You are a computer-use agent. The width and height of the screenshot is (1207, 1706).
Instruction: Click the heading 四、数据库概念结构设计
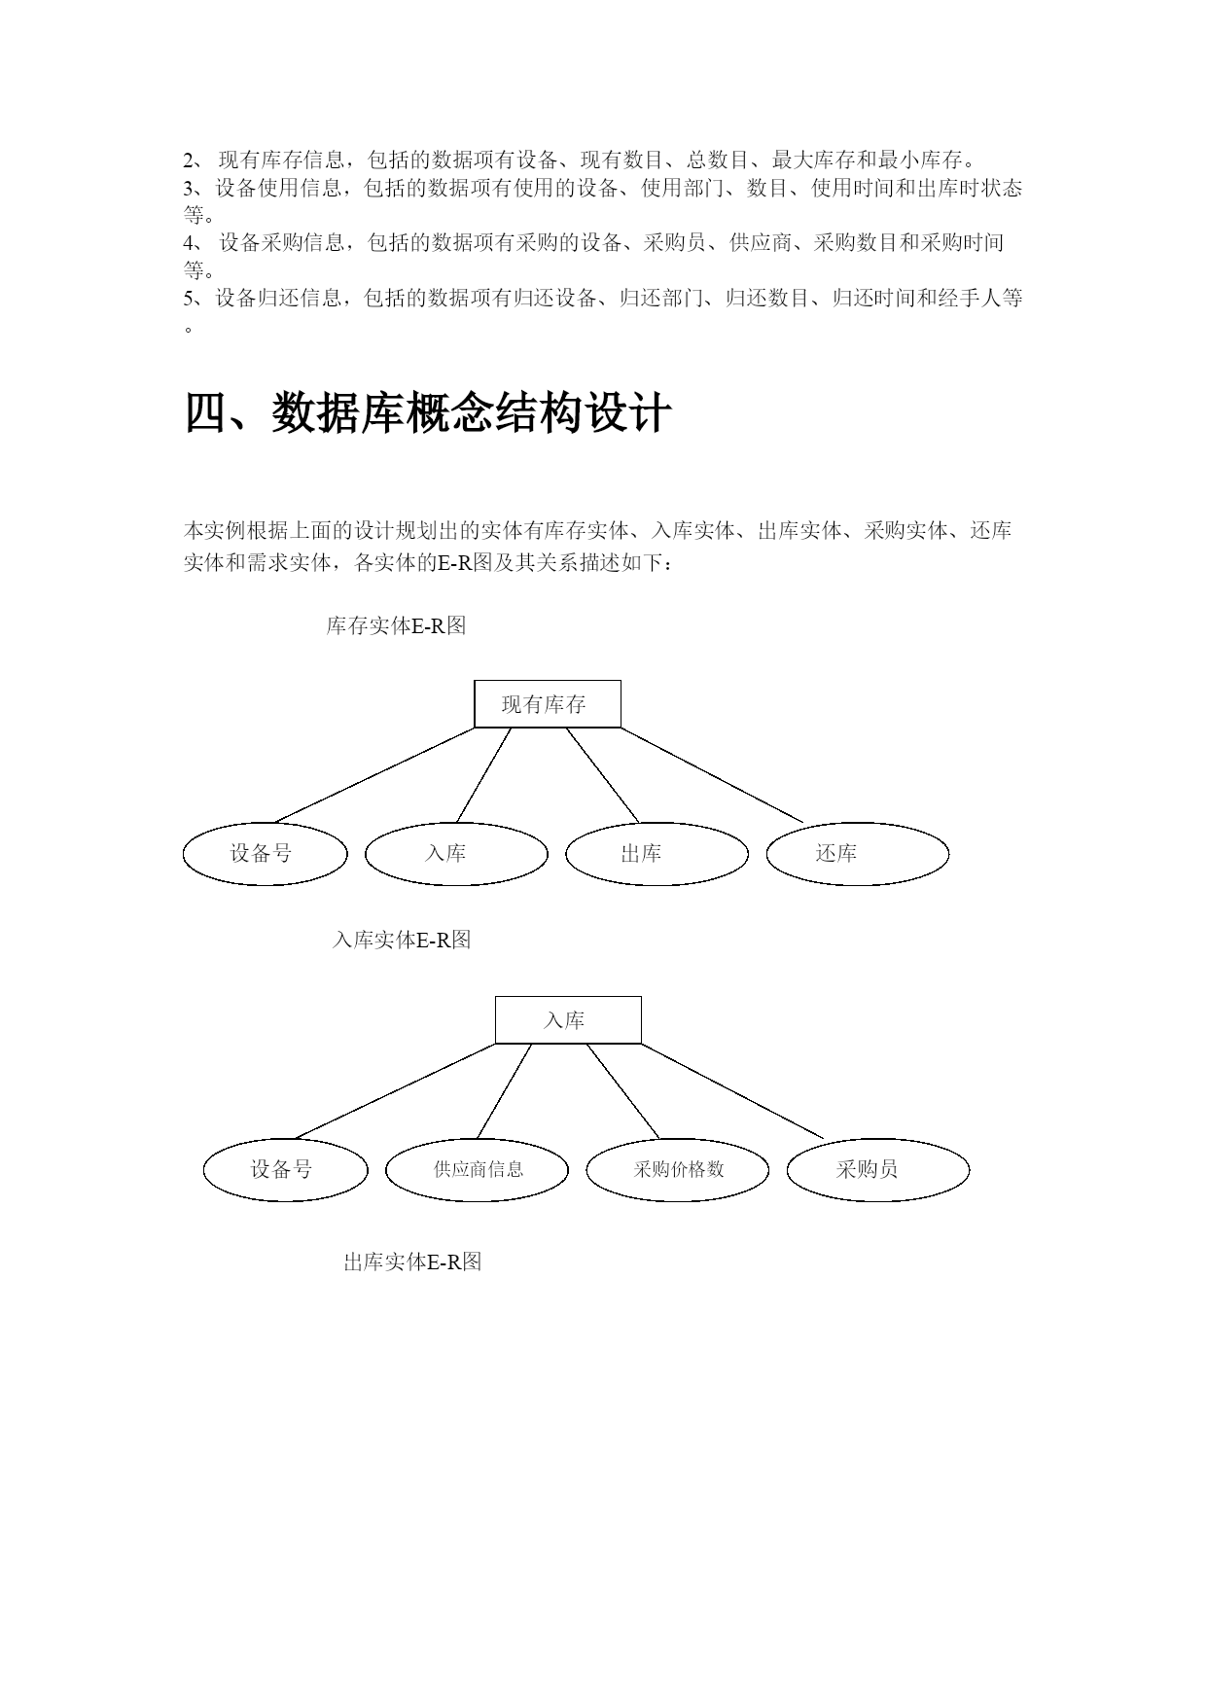click(428, 413)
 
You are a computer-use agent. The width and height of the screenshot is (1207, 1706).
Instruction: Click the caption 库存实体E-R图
click(396, 626)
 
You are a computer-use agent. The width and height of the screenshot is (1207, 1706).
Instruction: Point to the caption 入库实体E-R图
click(402, 941)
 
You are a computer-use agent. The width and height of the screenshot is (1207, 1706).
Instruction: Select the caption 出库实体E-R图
click(412, 1262)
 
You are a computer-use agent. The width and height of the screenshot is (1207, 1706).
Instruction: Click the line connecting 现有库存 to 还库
click(712, 775)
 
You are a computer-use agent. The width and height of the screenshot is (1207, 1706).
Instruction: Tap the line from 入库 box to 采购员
click(732, 1090)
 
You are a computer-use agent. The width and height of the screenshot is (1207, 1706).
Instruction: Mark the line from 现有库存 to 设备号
click(375, 775)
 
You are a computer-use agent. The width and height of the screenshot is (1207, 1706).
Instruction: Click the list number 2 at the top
click(190, 160)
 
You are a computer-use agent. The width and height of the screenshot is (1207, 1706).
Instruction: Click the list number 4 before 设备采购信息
click(190, 243)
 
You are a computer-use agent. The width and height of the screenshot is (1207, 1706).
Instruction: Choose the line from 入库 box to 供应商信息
click(505, 1090)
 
